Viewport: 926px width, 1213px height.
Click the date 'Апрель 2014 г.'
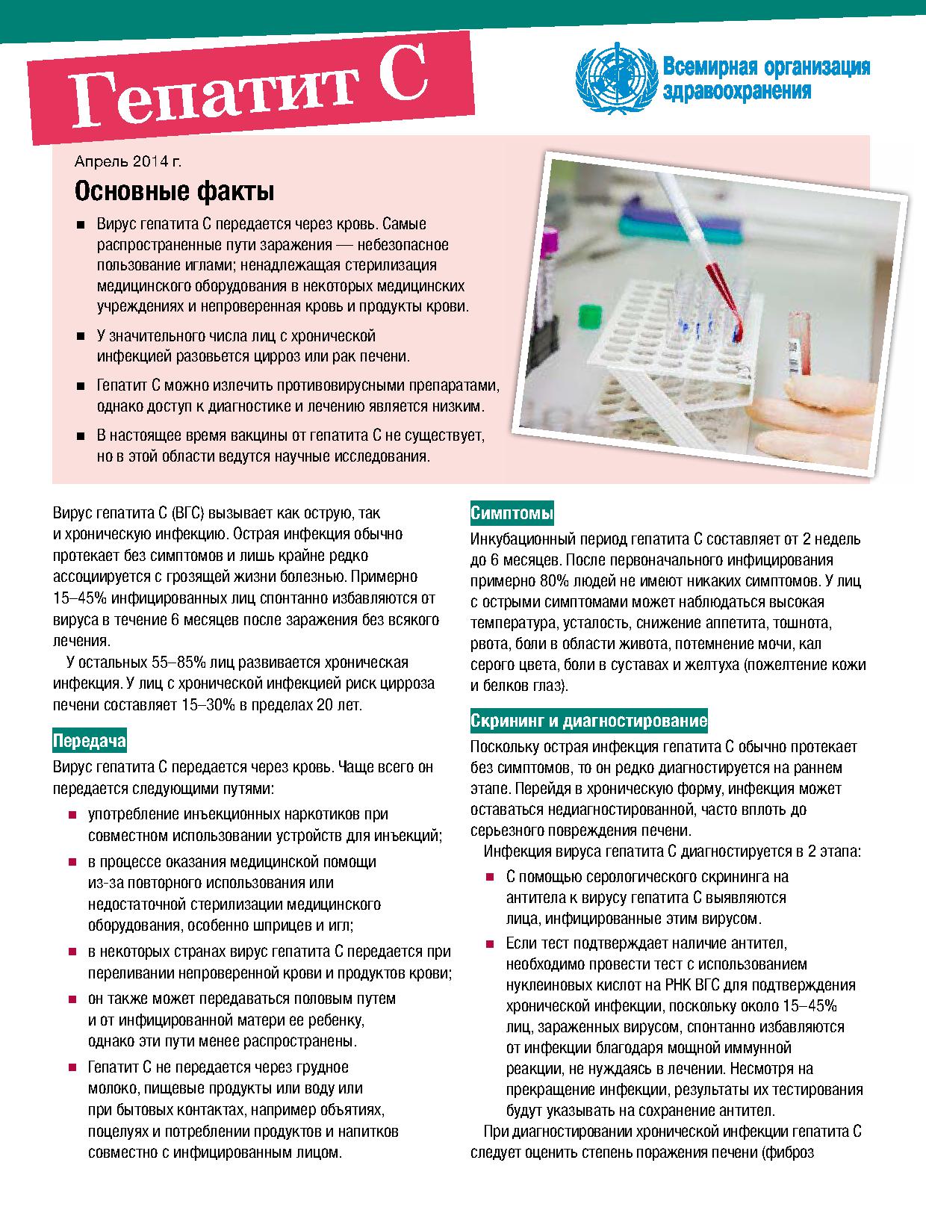tap(128, 161)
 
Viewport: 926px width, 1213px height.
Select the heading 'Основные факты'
tap(174, 192)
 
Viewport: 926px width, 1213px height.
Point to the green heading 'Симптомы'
tap(512, 513)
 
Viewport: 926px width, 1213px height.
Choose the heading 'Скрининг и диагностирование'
tap(588, 721)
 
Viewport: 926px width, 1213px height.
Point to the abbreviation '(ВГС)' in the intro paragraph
tap(187, 513)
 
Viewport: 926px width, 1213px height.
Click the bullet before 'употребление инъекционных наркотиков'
tap(72, 814)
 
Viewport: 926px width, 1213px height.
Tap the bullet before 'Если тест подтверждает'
tap(490, 944)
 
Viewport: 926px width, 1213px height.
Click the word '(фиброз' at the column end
tap(787, 1151)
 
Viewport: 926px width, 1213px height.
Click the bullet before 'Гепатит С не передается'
tap(72, 1067)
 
